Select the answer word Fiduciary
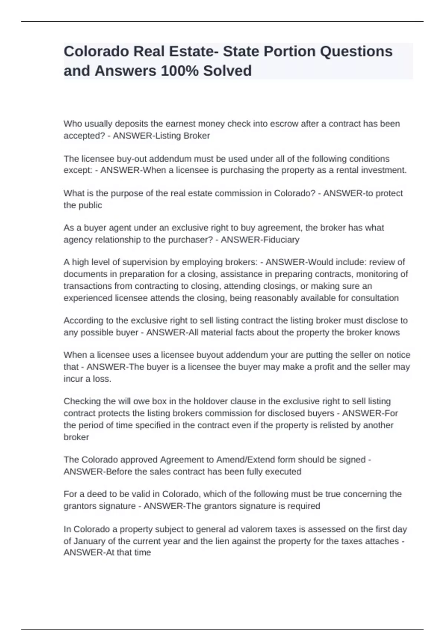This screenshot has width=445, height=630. coord(280,240)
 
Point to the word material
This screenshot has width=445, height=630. coord(212,332)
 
